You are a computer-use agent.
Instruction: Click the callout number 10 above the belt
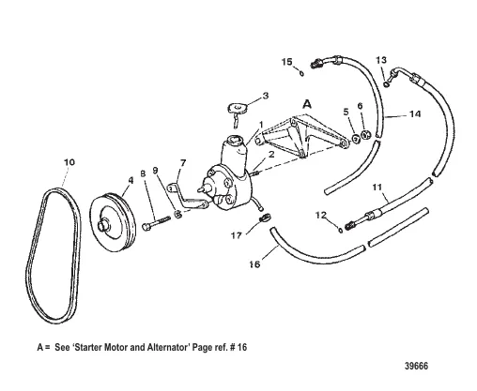coord(69,162)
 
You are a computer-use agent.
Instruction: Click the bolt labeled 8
coord(156,222)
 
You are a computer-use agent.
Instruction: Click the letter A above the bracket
coord(307,104)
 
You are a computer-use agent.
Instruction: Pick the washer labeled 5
coord(356,138)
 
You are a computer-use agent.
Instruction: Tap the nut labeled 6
coord(365,135)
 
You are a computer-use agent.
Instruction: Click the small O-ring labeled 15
coord(301,74)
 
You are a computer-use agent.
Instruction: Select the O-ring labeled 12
coord(340,230)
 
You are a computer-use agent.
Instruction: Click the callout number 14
coord(415,114)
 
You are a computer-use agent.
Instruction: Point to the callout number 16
coord(254,264)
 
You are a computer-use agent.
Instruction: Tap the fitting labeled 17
coord(265,218)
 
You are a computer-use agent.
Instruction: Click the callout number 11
coord(377,187)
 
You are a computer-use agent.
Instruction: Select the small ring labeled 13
coord(387,83)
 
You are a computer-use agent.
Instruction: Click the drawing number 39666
coord(416,366)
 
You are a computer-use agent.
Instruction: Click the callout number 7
coord(183,163)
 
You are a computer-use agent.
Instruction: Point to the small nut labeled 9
coord(177,215)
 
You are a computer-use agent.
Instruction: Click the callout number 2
coord(271,154)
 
